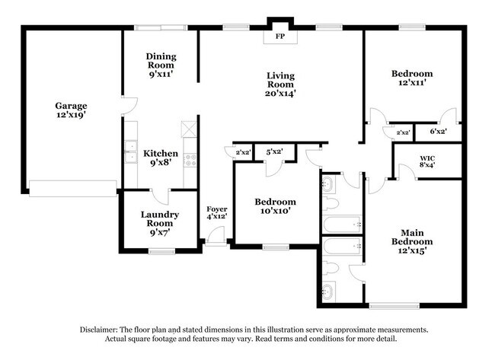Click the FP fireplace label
click(280, 37)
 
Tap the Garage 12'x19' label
click(71, 110)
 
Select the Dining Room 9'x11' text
click(161, 65)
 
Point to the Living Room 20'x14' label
click(280, 84)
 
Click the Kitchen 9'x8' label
click(161, 158)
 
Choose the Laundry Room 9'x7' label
click(160, 224)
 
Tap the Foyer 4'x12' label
click(217, 213)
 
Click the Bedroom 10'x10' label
click(275, 206)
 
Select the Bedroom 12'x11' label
click(412, 78)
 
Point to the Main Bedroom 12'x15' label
click(412, 242)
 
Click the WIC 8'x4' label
click(427, 161)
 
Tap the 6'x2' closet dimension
click(438, 132)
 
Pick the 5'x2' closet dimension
click(274, 151)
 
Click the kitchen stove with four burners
click(190, 160)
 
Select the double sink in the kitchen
click(131, 152)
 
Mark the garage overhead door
click(73, 188)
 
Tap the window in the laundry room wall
click(161, 251)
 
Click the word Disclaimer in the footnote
click(99, 330)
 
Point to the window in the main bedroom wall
click(394, 306)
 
